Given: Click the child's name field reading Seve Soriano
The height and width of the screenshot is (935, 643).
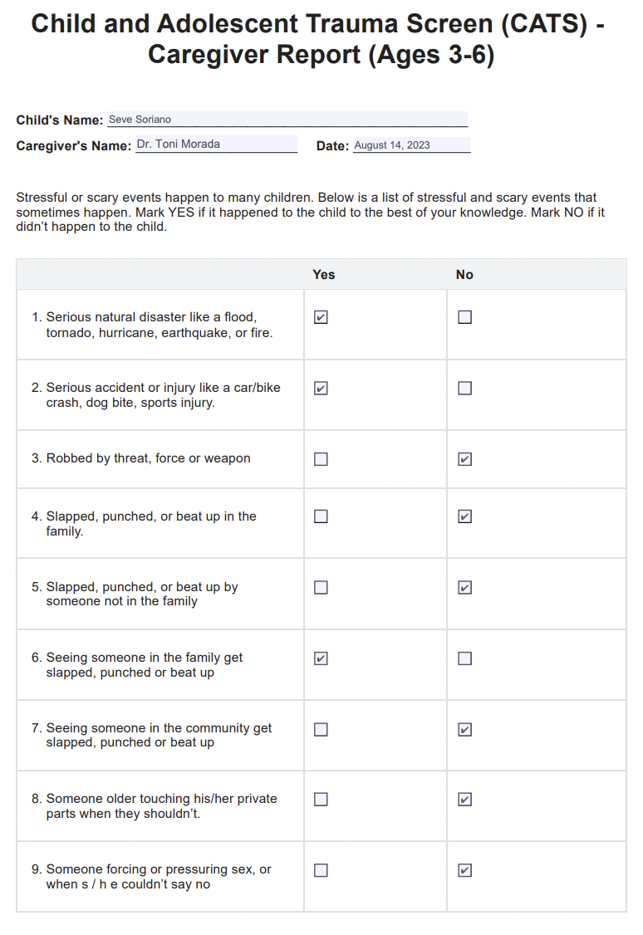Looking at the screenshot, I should point(287,120).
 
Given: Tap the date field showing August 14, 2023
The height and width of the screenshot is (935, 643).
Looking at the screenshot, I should point(411,145).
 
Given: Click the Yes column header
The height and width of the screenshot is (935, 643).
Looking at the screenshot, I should point(324,275).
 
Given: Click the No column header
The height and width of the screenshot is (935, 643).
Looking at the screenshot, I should point(464,275).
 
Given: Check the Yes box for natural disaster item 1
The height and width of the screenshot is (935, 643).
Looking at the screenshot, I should point(321,317).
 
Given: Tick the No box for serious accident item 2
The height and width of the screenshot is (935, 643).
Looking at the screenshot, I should point(465,388).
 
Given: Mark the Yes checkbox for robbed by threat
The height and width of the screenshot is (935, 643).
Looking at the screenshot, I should point(321,459).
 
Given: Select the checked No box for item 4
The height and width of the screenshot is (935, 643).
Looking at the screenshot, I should point(465,516).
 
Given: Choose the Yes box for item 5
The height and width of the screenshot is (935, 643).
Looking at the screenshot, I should point(321,588).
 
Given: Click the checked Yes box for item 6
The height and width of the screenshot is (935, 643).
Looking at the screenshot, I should point(321,658).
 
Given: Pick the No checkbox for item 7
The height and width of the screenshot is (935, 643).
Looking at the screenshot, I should point(465,730).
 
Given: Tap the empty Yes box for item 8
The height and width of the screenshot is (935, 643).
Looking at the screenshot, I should point(321,800).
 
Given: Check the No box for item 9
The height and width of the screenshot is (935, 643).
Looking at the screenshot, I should point(465,870).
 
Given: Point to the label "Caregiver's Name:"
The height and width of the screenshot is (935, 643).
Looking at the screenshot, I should point(74,146).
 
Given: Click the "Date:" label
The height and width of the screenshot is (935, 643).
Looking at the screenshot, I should point(332,146).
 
